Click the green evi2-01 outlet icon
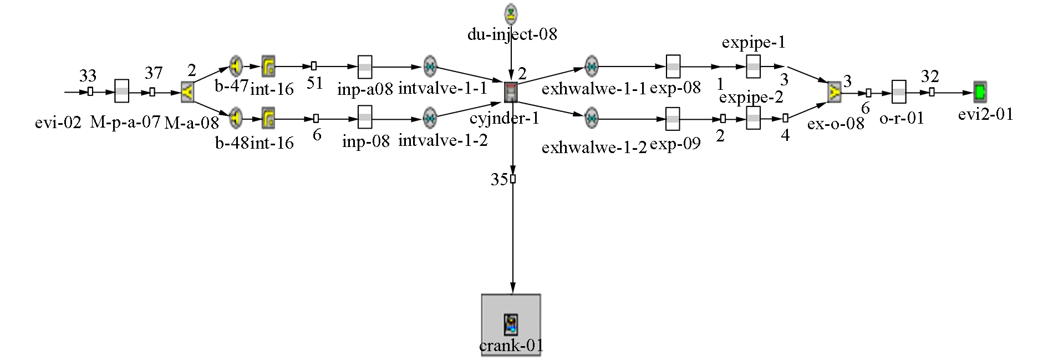click(980, 92)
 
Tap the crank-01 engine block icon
click(511, 324)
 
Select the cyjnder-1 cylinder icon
click(511, 92)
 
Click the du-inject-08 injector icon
click(511, 12)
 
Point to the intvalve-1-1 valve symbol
click(430, 67)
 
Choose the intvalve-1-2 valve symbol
click(430, 118)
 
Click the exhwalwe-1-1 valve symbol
click(592, 67)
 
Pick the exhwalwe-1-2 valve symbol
click(592, 118)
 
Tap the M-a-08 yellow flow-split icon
click(188, 92)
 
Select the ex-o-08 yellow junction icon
click(835, 92)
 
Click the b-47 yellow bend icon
click(236, 67)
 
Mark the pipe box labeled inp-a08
click(365, 67)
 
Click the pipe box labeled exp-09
click(673, 118)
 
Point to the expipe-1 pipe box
click(753, 67)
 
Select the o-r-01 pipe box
click(898, 92)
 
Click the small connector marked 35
click(513, 179)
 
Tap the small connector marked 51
click(314, 66)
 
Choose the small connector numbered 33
click(90, 92)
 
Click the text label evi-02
click(58, 123)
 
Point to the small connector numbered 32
click(932, 92)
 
